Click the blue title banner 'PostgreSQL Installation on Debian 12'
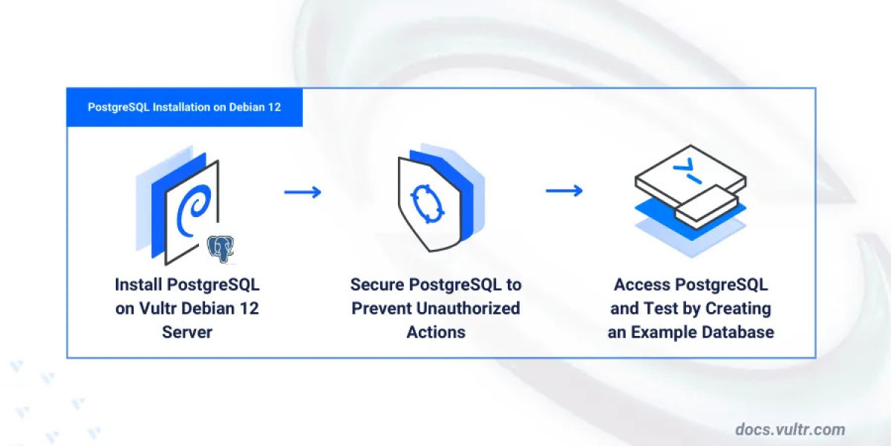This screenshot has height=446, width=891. (184, 107)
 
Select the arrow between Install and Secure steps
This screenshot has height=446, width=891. (302, 192)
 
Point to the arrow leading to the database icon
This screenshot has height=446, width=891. (564, 192)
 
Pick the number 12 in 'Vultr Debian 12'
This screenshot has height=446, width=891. (249, 308)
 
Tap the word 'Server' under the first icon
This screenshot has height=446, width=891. (187, 332)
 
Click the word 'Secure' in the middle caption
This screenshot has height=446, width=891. (378, 285)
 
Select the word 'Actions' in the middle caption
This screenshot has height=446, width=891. (436, 332)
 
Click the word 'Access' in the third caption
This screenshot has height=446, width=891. (641, 285)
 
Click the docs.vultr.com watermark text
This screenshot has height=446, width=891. (790, 429)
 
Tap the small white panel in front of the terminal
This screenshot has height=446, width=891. (706, 204)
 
